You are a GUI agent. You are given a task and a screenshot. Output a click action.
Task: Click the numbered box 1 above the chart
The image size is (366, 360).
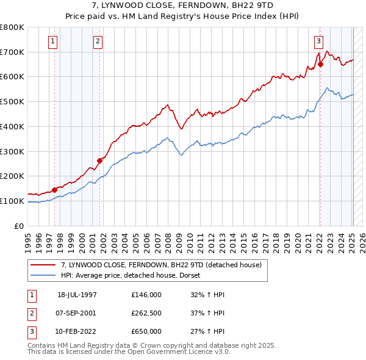(54, 41)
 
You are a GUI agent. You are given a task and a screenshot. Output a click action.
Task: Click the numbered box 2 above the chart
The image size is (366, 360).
(98, 41)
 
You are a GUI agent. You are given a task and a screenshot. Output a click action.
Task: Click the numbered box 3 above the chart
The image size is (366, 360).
(318, 41)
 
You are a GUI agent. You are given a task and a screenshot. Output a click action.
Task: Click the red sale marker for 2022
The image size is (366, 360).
(320, 63)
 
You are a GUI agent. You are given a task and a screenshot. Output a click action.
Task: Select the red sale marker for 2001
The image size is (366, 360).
(99, 160)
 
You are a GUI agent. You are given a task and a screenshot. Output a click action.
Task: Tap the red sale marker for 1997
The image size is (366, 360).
(54, 189)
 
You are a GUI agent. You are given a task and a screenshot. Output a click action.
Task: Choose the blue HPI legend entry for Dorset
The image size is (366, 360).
(135, 275)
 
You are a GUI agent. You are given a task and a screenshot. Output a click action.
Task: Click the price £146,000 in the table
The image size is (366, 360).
(146, 295)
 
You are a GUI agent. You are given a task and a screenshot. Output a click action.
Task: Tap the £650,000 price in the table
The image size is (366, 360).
(146, 331)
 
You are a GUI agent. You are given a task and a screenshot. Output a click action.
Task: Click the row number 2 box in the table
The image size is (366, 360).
(30, 313)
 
